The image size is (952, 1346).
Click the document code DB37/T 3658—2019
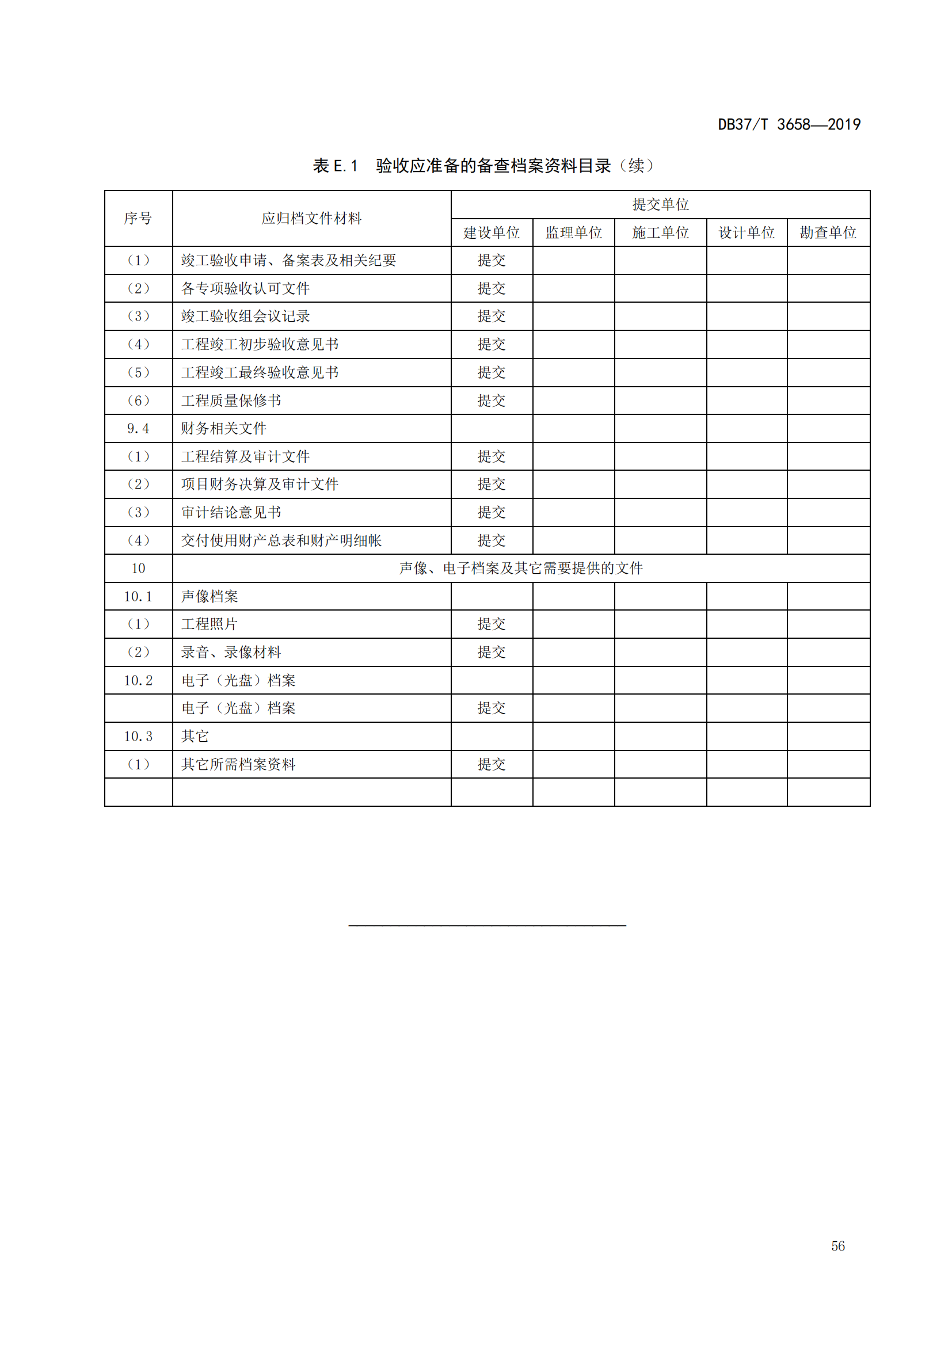789,124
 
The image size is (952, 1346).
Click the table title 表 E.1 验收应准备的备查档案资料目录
483,166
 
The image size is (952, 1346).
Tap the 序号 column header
138,218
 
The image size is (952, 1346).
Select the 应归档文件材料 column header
311,218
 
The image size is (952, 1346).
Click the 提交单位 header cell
660,204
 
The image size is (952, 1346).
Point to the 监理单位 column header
573,232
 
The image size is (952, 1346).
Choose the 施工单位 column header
660,232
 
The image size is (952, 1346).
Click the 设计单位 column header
747,232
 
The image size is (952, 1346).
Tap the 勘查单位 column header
828,232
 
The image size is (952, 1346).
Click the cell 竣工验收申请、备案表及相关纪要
288,260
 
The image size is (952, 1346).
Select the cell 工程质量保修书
231,401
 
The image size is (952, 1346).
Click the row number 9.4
138,429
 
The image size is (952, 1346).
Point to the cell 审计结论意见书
231,512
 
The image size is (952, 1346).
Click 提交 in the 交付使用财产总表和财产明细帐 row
491,540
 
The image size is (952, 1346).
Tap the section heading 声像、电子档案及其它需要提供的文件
520,568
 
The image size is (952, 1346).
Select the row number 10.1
138,596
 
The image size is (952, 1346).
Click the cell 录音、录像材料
231,652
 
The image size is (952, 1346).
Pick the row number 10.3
138,737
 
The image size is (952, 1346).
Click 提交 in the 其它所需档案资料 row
491,764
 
